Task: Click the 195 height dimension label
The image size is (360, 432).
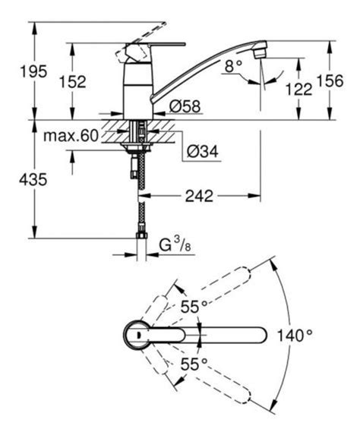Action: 34,71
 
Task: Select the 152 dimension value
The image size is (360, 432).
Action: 73,82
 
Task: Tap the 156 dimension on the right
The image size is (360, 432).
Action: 330,81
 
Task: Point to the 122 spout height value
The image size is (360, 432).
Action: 298,90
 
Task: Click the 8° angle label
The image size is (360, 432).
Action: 233,66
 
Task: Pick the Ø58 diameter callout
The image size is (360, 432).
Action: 185,106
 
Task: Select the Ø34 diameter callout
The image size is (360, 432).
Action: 203,151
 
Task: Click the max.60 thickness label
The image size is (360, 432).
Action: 71,136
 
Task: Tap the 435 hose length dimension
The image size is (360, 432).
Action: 33,180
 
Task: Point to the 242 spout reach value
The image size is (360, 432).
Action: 199,196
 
